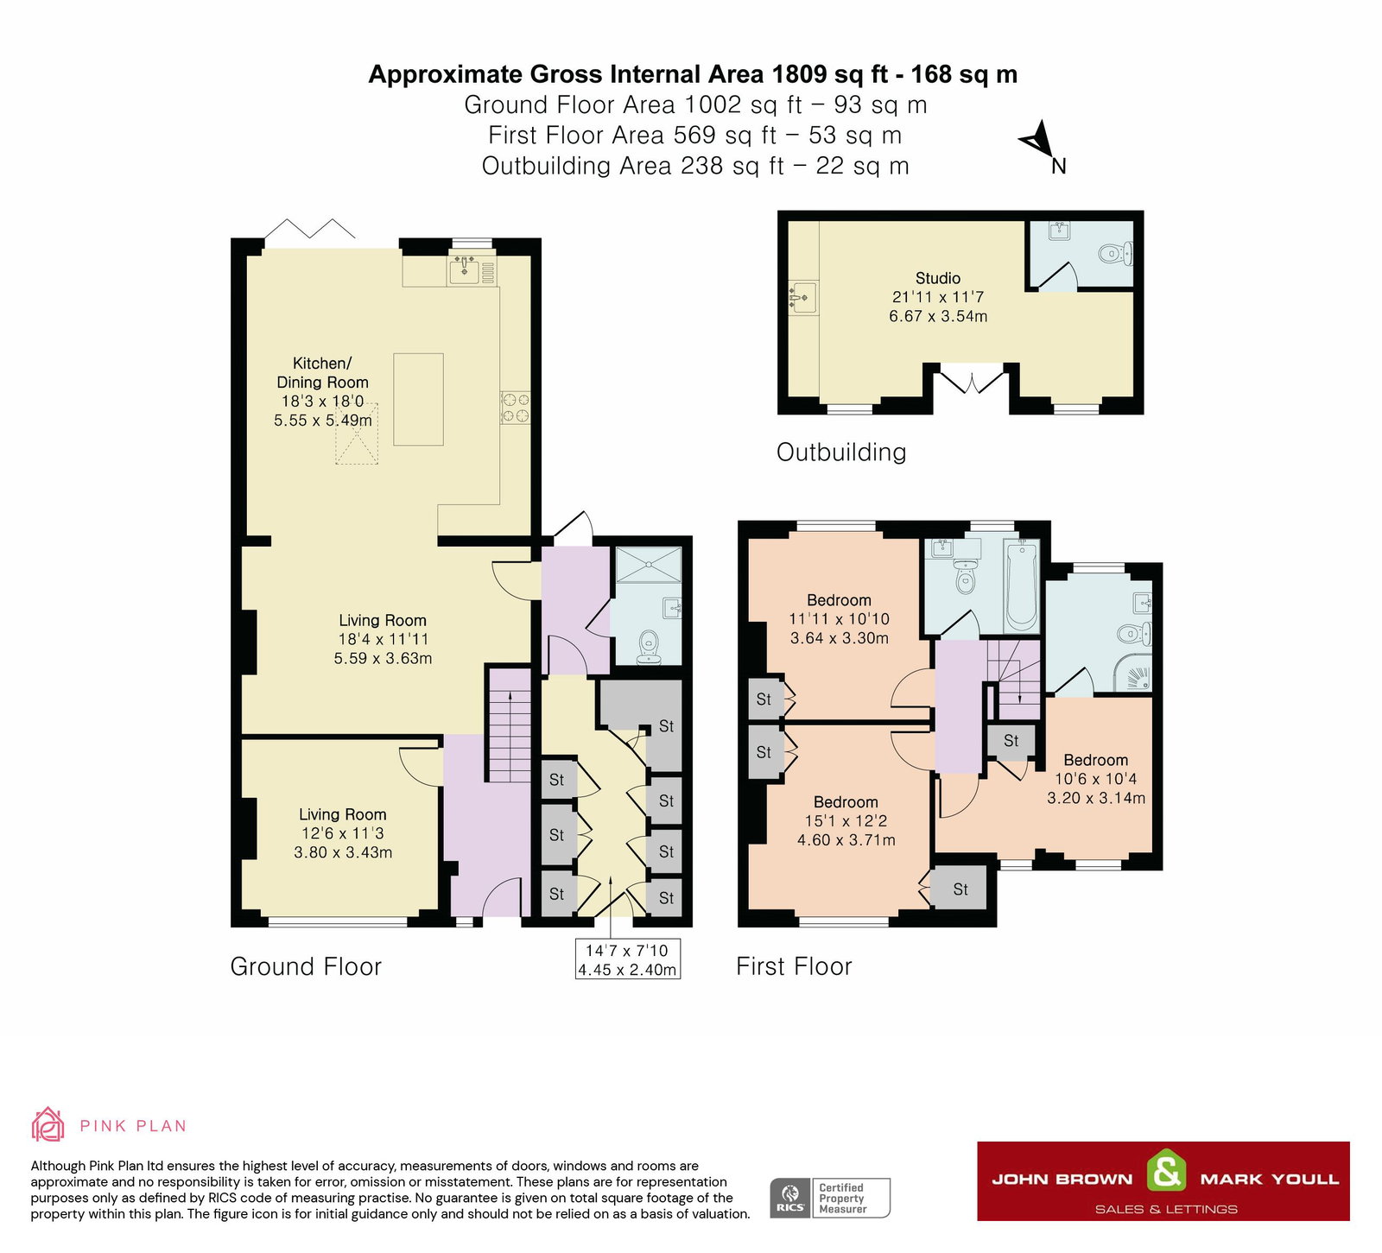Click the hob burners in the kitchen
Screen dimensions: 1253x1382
pos(516,408)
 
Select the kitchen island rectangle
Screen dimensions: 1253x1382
pos(418,399)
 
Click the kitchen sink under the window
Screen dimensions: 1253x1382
pos(465,269)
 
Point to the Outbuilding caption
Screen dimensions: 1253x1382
pos(840,452)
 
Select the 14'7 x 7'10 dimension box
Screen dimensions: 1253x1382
pos(627,959)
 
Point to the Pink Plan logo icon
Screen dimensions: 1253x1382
pos(48,1125)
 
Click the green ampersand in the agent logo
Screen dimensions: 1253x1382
pos(1166,1173)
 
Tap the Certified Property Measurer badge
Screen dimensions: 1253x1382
pos(830,1198)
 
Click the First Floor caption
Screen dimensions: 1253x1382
pos(793,966)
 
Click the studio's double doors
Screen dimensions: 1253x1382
pos(972,382)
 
